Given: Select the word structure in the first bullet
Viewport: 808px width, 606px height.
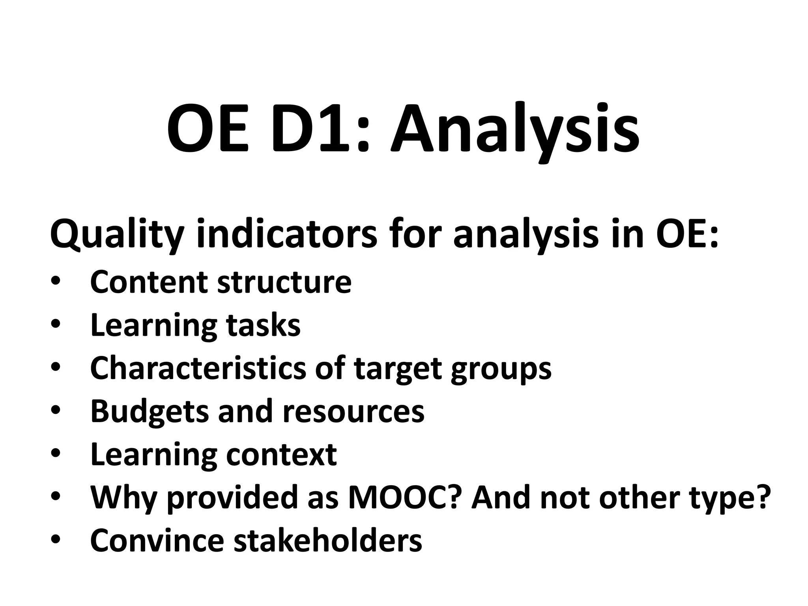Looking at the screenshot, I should point(284,282).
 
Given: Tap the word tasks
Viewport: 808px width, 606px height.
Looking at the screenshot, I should point(263,325).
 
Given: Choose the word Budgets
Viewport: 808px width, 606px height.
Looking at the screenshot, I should point(149,411).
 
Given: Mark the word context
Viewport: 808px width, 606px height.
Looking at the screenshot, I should point(281,454).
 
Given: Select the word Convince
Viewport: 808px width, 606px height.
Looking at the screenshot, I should point(157,540).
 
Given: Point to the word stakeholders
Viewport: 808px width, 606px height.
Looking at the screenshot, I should point(328,540).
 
